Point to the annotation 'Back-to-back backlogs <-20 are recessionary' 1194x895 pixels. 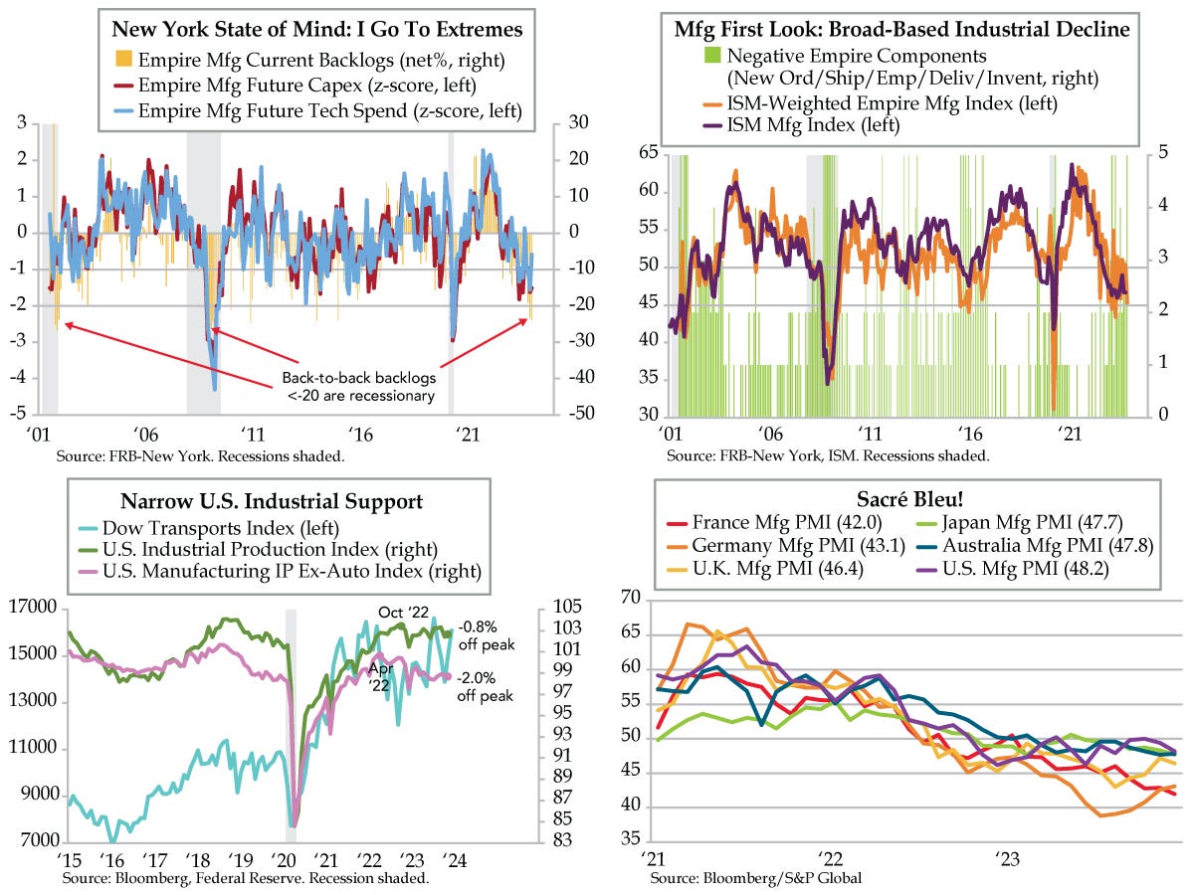pos(357,387)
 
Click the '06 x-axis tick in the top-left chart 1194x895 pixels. pos(145,435)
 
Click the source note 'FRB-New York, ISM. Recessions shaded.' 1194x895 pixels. pos(828,454)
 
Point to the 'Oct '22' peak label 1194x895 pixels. pos(403,611)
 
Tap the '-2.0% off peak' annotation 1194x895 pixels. pos(486,686)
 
